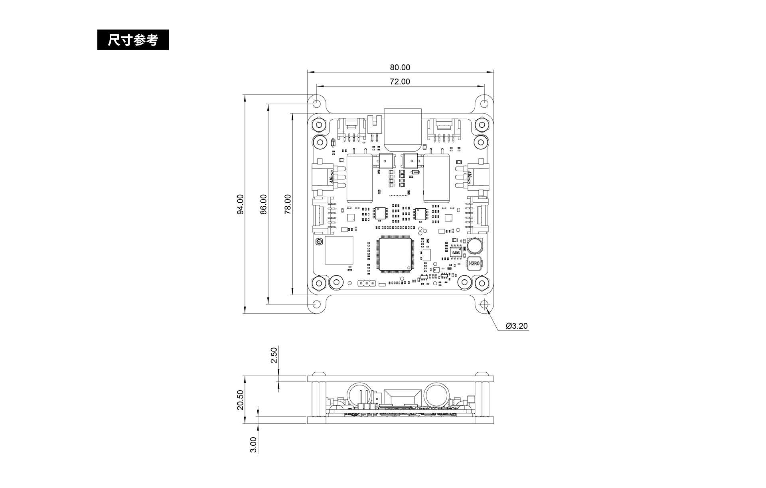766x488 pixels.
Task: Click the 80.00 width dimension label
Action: [400, 67]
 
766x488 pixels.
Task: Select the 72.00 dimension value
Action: [400, 81]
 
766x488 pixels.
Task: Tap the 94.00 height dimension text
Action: [240, 204]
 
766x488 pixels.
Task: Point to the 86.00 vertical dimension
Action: [264, 204]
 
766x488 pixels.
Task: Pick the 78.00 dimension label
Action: [288, 204]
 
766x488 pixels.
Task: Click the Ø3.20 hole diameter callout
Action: [517, 326]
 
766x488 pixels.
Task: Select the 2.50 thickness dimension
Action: [274, 355]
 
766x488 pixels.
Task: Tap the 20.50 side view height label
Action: [240, 400]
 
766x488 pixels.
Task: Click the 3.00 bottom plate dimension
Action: [253, 445]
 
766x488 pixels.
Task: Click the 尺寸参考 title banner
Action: [133, 40]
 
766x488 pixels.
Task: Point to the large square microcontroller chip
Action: [395, 254]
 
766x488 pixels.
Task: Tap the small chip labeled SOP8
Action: [455, 252]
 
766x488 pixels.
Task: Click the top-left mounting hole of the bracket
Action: [317, 103]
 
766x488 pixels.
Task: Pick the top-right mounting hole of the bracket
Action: [484, 103]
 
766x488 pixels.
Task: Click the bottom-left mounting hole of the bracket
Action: [317, 304]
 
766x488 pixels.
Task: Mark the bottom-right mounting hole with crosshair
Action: [484, 304]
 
